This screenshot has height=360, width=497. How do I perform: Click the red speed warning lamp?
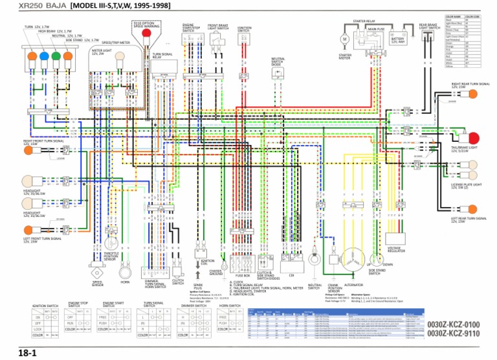point(147,32)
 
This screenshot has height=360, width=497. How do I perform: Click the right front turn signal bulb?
point(28,151)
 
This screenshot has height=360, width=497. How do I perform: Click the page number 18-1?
point(27,352)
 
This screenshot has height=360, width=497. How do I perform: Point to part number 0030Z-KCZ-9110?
point(453,334)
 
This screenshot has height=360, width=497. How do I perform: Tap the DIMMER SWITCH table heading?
point(193,304)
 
